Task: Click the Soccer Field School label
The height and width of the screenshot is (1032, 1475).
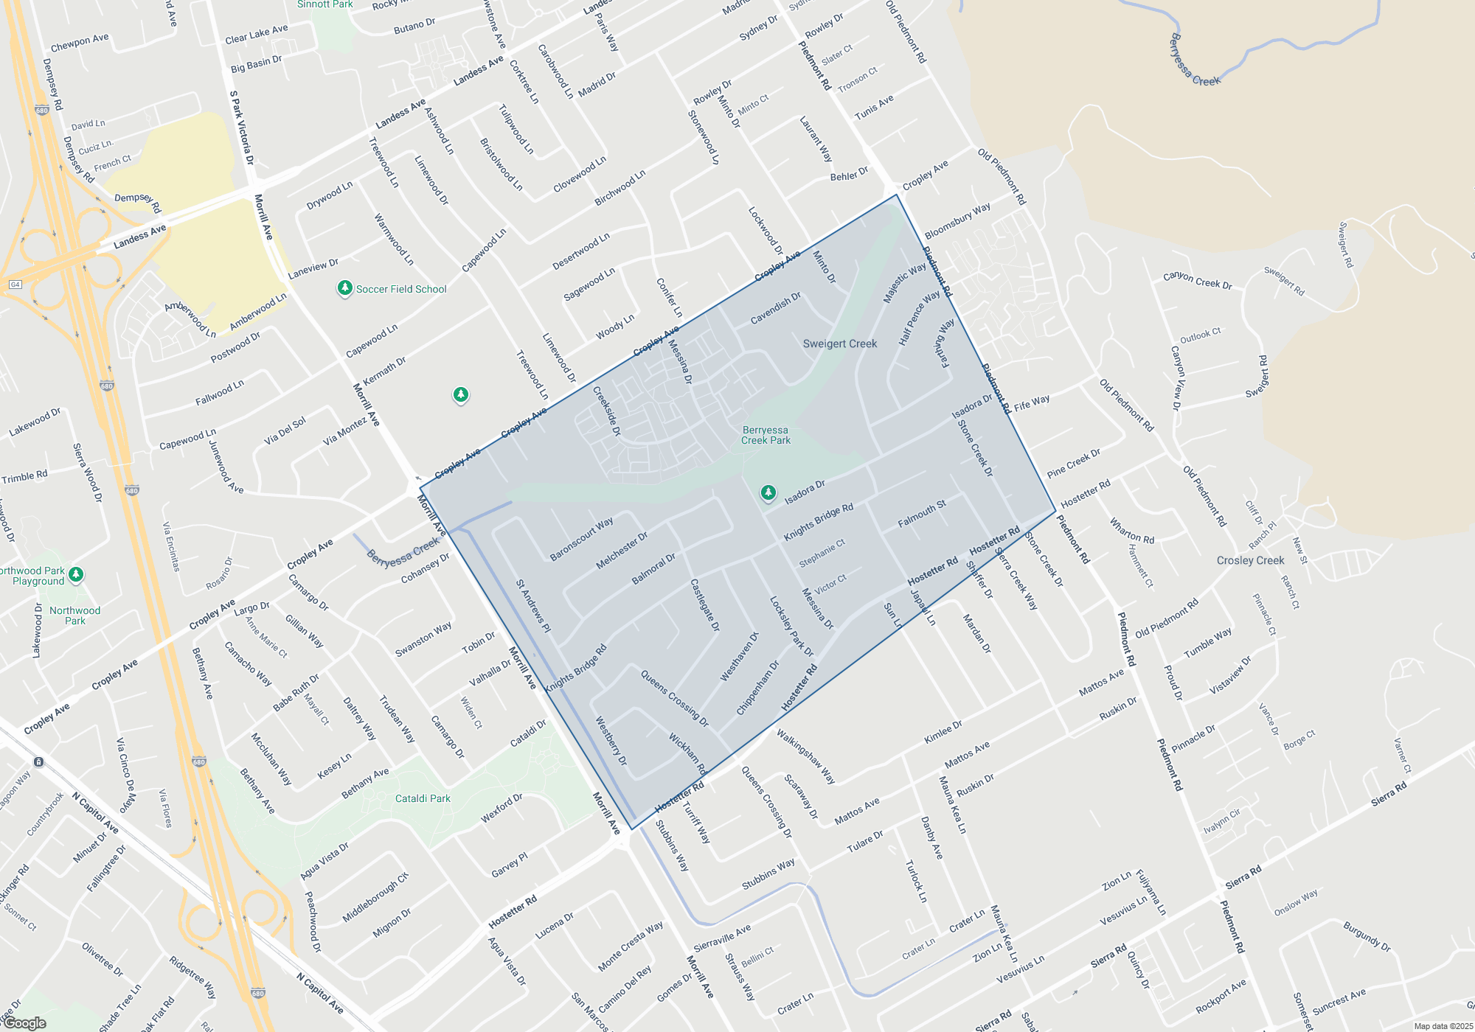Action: coord(401,289)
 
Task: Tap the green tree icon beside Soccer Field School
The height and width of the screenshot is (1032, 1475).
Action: coord(344,287)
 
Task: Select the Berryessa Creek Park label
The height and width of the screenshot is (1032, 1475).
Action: coord(766,435)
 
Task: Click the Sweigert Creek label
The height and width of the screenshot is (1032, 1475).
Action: coord(840,344)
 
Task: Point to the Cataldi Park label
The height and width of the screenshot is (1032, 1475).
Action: coord(423,798)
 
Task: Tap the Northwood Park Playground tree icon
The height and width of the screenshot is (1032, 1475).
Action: coord(76,574)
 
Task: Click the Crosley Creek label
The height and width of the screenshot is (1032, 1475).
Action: coord(1250,560)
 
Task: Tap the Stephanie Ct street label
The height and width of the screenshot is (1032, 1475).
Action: coord(822,554)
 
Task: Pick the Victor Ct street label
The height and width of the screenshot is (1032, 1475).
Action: coord(830,584)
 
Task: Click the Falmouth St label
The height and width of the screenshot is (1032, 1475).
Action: coord(922,514)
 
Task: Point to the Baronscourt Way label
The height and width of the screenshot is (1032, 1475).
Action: coord(581,539)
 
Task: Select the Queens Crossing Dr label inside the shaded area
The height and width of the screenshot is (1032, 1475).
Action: coord(674,698)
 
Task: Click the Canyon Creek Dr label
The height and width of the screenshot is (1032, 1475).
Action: coord(1197,280)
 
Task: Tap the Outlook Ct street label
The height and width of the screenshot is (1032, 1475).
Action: coord(1200,335)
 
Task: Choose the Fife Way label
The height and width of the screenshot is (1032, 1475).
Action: coord(1032,403)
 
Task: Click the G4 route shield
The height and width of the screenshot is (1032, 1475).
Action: coord(15,285)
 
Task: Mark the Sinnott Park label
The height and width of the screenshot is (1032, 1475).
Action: coord(325,4)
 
